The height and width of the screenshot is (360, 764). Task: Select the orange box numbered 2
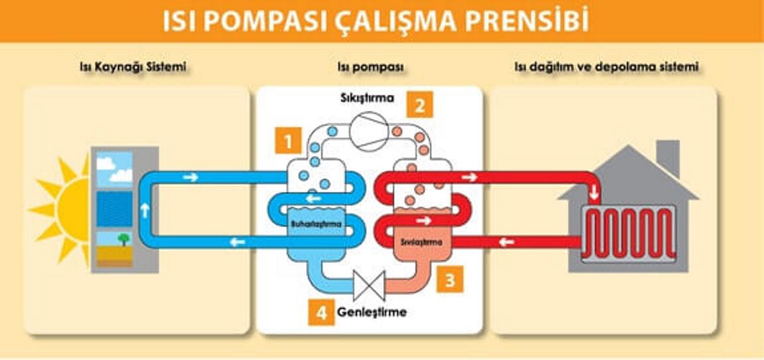420,104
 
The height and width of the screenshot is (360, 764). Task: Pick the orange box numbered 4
321,312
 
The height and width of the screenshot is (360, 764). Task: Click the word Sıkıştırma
367,98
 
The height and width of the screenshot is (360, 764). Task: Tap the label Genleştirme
372,312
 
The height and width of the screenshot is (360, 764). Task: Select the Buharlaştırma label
316,224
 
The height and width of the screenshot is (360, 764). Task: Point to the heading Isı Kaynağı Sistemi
133,67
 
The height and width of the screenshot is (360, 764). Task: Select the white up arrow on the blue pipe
145,210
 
